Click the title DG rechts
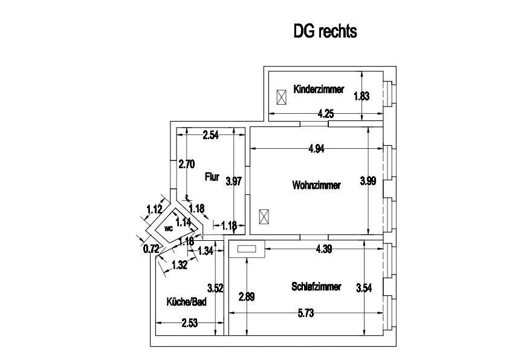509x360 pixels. pyautogui.click(x=325, y=31)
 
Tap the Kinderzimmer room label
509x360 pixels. pyautogui.click(x=319, y=90)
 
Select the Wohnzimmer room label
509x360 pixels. pyautogui.click(x=316, y=185)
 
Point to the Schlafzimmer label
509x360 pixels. pyautogui.click(x=316, y=286)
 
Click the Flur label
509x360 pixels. pyautogui.click(x=212, y=177)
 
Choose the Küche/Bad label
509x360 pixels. pyautogui.click(x=187, y=301)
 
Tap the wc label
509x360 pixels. pyautogui.click(x=168, y=229)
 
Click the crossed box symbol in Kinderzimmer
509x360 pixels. pyautogui.click(x=281, y=97)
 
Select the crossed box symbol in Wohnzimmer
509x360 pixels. pyautogui.click(x=264, y=216)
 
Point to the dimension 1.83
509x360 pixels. pyautogui.click(x=361, y=95)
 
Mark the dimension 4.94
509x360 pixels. pyautogui.click(x=316, y=149)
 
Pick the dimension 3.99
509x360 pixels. pyautogui.click(x=368, y=180)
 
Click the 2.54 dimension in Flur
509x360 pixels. pyautogui.click(x=210, y=135)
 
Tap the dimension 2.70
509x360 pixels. pyautogui.click(x=186, y=163)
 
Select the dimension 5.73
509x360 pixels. pyautogui.click(x=305, y=313)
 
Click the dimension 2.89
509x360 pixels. pyautogui.click(x=246, y=296)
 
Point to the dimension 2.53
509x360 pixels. pyautogui.click(x=189, y=323)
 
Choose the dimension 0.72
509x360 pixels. pyautogui.click(x=151, y=248)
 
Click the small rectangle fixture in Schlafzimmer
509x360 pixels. pyautogui.click(x=247, y=249)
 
